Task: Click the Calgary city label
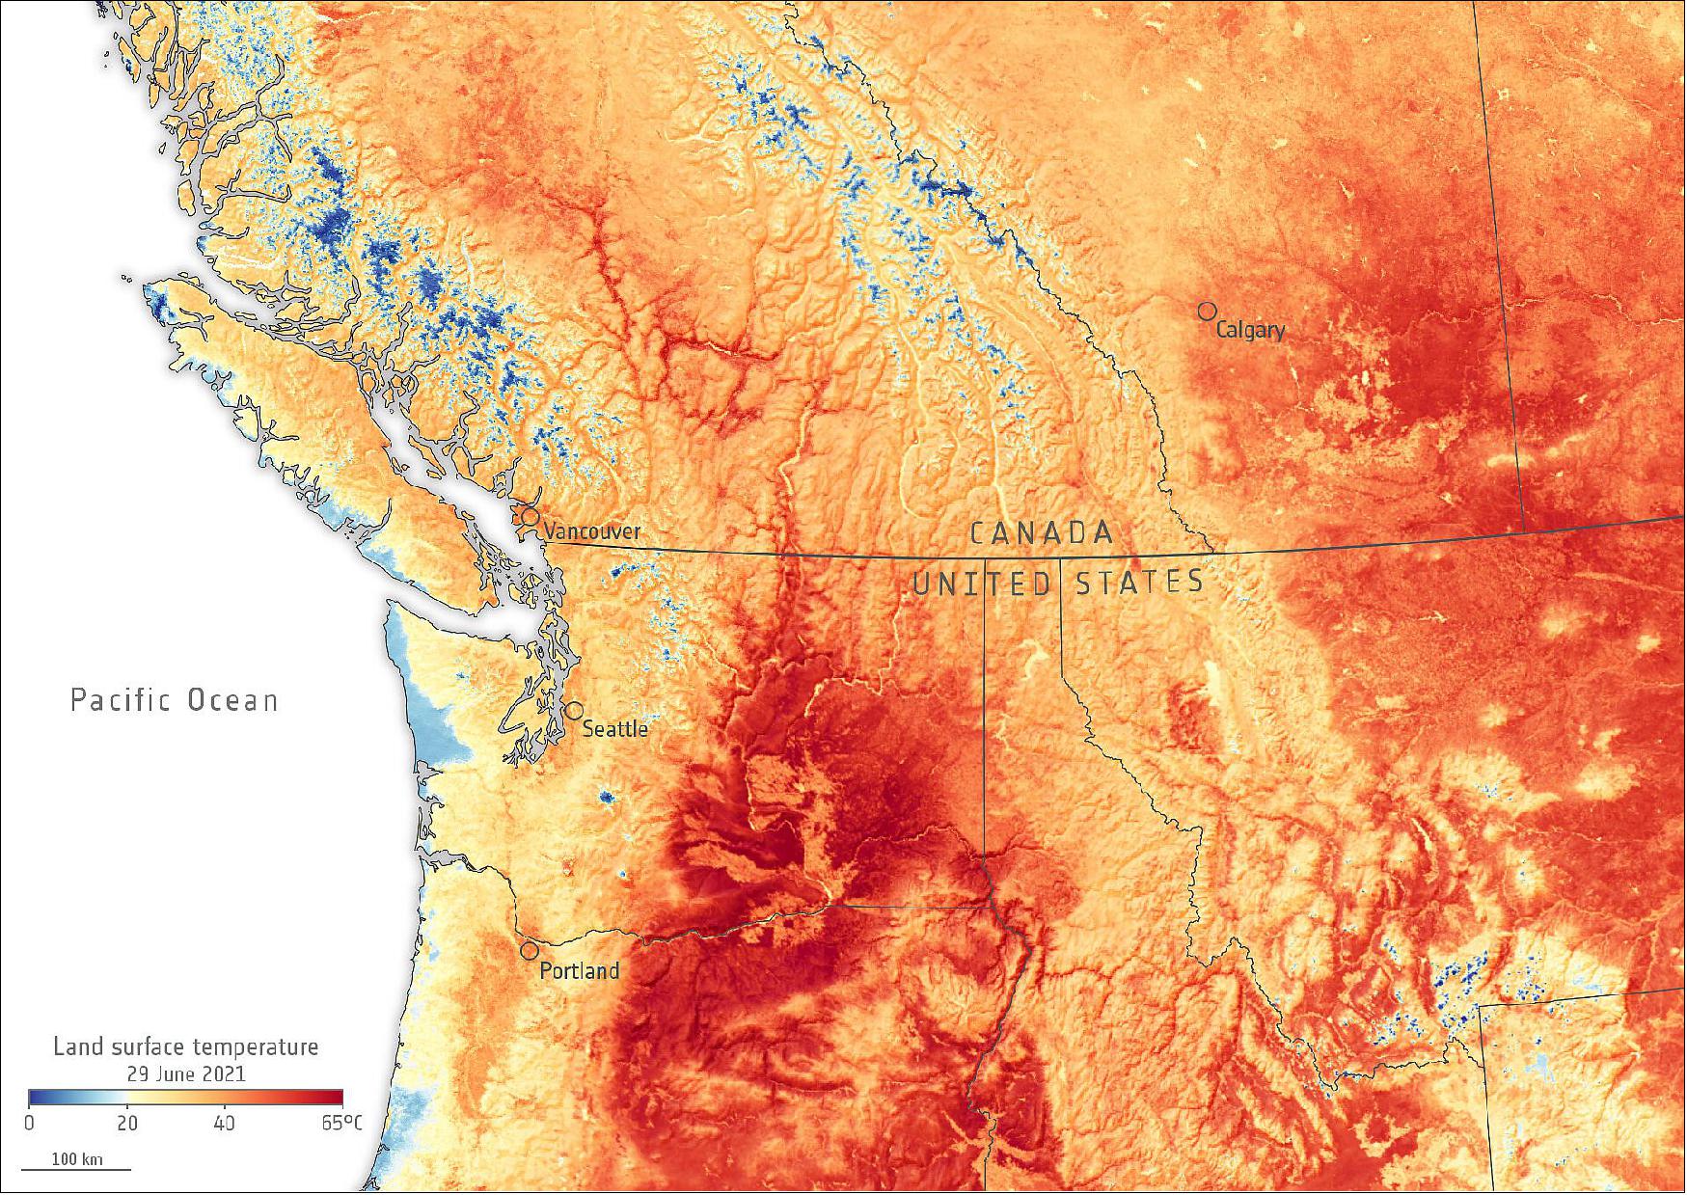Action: click(1250, 330)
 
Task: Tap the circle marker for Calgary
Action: click(1207, 312)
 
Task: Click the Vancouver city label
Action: click(591, 531)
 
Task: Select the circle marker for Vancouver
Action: click(531, 516)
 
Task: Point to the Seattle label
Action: click(614, 729)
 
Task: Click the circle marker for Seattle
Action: click(573, 711)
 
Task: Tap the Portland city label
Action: click(579, 971)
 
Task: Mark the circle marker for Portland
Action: click(530, 951)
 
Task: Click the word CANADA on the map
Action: click(1042, 533)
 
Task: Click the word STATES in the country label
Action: click(1139, 583)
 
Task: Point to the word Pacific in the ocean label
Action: click(120, 700)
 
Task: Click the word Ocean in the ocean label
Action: click(232, 700)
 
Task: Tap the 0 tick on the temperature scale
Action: click(29, 1124)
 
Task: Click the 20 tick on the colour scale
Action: click(126, 1124)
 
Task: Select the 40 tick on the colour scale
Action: click(224, 1124)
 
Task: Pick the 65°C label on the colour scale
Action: click(341, 1124)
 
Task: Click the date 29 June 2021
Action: click(186, 1073)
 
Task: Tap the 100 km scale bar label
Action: click(76, 1159)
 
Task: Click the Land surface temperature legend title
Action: click(185, 1047)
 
